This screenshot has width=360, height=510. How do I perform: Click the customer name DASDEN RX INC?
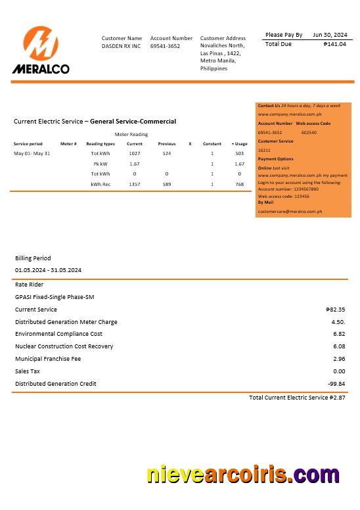click(x=121, y=47)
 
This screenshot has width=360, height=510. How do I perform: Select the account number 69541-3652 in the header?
click(x=165, y=47)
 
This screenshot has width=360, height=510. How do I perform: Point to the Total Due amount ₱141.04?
click(x=334, y=44)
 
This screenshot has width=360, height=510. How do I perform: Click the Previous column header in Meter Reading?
click(x=167, y=144)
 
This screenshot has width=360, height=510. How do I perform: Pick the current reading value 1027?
click(x=135, y=153)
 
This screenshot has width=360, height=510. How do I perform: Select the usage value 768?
click(x=239, y=185)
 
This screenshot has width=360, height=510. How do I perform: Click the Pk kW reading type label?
click(x=101, y=164)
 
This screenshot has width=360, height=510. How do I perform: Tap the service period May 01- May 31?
click(x=32, y=153)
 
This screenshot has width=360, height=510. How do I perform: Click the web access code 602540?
click(x=309, y=132)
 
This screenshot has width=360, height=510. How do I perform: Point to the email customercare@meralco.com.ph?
click(x=290, y=212)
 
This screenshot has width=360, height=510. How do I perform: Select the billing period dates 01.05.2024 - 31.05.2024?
click(x=48, y=270)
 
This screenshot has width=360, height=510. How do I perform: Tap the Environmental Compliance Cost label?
click(x=58, y=334)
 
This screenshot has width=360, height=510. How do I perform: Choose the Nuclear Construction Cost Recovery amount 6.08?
click(x=338, y=346)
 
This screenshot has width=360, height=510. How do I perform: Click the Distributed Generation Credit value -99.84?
click(x=336, y=384)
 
